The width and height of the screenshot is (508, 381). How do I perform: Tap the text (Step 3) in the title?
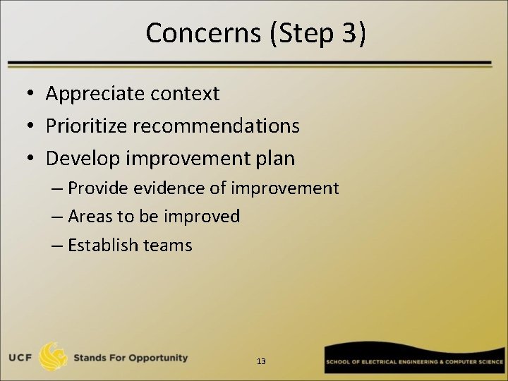coord(317,33)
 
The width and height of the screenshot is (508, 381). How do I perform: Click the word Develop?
coord(82,159)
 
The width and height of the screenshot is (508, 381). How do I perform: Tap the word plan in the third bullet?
coord(274,159)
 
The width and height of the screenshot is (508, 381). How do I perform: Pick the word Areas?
coord(87,217)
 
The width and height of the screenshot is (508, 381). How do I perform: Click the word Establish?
coord(102,245)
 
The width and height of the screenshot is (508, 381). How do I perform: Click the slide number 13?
coord(261,361)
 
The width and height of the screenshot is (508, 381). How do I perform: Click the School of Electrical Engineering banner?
coord(415,361)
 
